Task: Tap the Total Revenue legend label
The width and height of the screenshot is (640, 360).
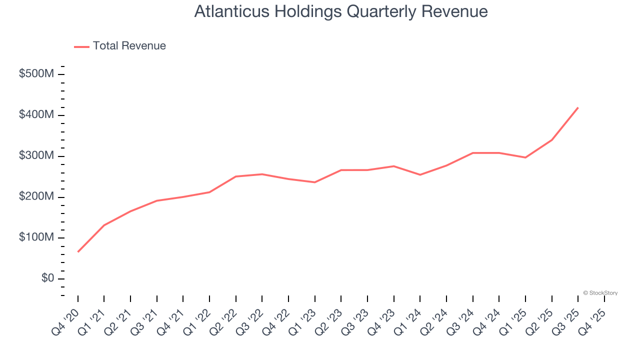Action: coord(129,46)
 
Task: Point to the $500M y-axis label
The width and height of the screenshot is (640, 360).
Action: coord(36,74)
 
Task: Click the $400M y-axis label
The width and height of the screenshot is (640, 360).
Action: coord(36,115)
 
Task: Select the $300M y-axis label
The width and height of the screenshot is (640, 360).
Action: coord(36,156)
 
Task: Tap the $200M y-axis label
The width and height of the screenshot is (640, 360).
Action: coord(36,197)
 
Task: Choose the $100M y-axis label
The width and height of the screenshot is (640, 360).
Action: coord(36,238)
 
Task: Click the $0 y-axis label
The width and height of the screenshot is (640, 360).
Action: coord(47,278)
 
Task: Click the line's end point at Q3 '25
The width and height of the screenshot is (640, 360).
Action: coord(578,107)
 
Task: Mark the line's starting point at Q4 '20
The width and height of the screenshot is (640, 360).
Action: coord(78,251)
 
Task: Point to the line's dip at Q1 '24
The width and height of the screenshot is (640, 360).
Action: coord(420,174)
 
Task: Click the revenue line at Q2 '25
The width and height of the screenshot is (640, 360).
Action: coord(551,140)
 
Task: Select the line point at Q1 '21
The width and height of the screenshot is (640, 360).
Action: coord(104,225)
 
